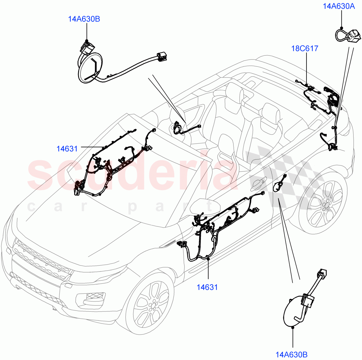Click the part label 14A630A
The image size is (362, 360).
[339, 6]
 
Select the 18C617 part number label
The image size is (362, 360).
[305, 48]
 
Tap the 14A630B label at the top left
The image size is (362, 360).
[84, 19]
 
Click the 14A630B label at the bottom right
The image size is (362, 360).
[291, 354]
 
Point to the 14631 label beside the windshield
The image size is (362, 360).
[67, 148]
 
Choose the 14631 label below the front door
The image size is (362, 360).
[207, 287]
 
